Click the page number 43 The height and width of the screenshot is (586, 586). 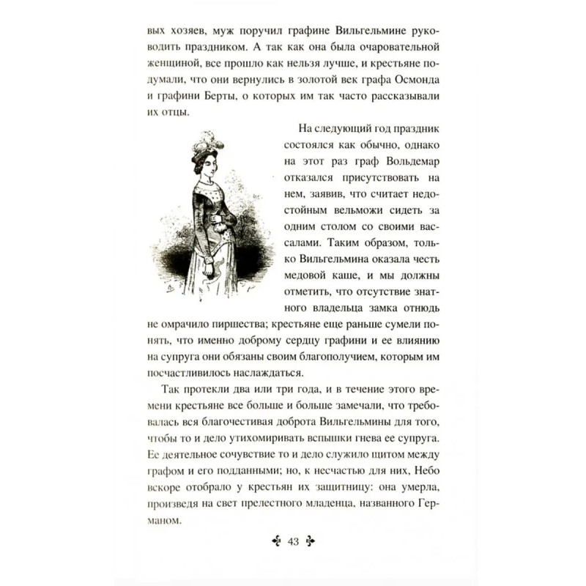click(293, 542)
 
